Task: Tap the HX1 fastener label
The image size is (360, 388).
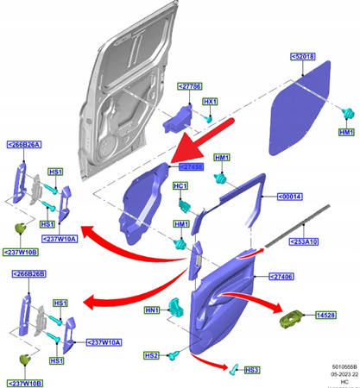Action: [x=209, y=102]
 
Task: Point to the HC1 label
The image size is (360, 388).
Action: [x=181, y=186]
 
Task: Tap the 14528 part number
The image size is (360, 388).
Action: [x=325, y=316]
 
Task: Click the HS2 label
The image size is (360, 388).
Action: [x=151, y=355]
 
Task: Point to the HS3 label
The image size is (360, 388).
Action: [x=252, y=370]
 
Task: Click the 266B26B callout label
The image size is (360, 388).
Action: [x=28, y=274]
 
